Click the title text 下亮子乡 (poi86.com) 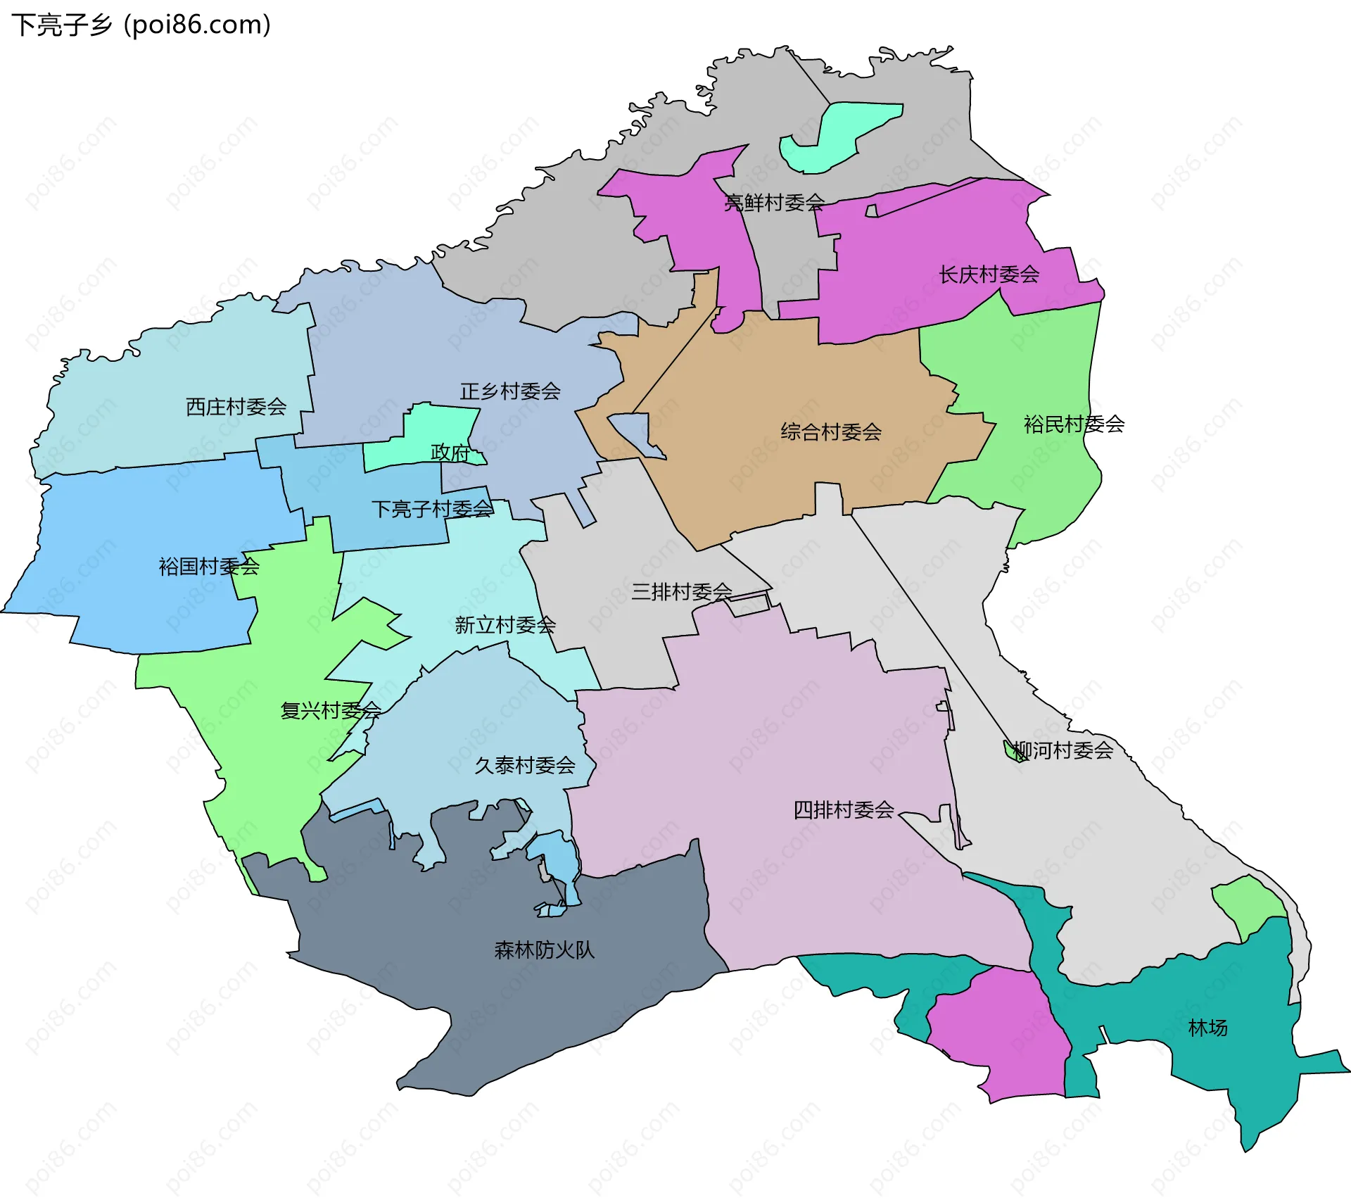point(141,25)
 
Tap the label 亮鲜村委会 point(774,203)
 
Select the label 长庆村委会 point(989,275)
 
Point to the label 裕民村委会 point(1074,424)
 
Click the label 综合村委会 point(831,431)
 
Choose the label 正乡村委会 point(510,391)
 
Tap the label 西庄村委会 point(236,406)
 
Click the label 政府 point(450,452)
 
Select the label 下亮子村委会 point(432,509)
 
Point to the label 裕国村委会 point(209,566)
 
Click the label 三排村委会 point(681,591)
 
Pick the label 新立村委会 point(505,624)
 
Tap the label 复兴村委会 point(331,710)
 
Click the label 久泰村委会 point(525,765)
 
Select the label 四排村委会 point(844,809)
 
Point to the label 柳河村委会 point(1063,750)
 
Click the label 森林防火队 point(544,950)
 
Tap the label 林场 point(1207,1028)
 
